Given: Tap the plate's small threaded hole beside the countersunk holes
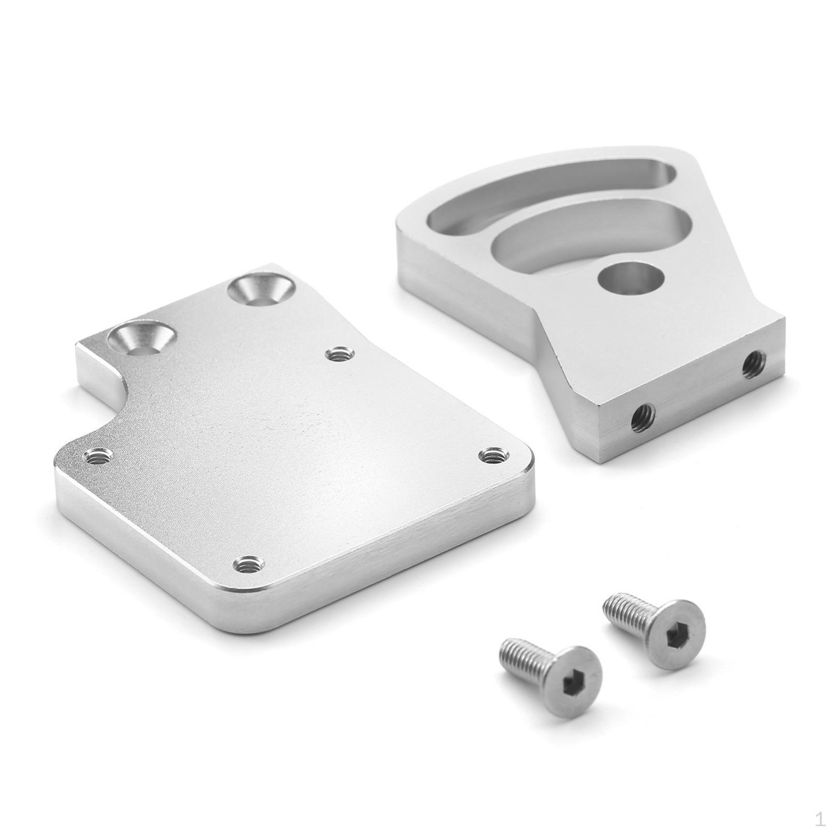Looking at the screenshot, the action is [x=339, y=355].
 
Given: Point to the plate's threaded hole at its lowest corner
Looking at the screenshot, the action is [x=250, y=563].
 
